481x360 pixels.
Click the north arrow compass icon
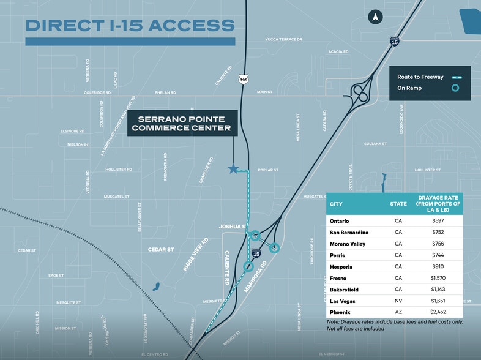[x=375, y=17]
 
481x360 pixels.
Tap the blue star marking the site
[x=233, y=169]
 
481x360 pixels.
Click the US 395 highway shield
[x=244, y=80]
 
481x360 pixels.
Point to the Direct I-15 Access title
[x=130, y=26]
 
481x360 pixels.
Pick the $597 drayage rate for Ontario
[x=437, y=220]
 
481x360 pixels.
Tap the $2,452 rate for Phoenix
[x=437, y=312]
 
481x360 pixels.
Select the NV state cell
[x=398, y=301]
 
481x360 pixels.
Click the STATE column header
[x=398, y=204]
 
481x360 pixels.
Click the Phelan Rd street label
[x=165, y=93]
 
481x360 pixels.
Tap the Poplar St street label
[x=268, y=170]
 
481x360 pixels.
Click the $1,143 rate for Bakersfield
[x=437, y=290]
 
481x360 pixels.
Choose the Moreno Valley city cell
[x=349, y=244]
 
